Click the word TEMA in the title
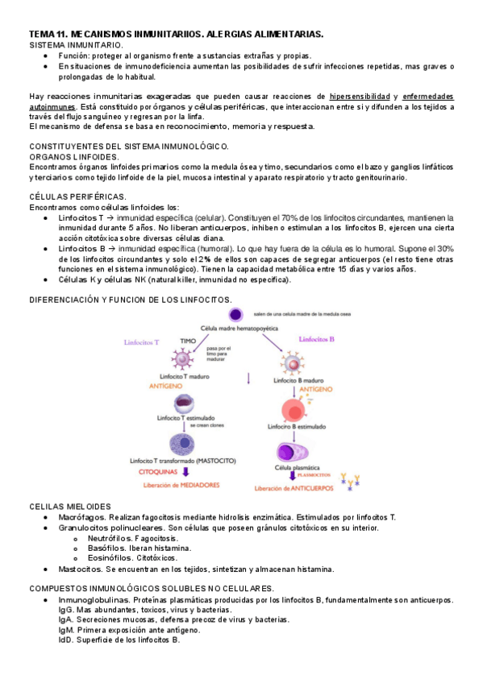tap(41, 35)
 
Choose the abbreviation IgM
tap(67, 630)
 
